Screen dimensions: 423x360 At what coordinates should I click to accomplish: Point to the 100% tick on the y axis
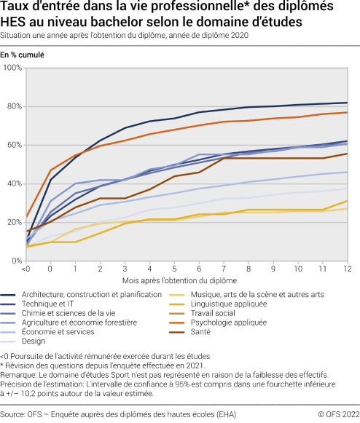[x=12, y=68]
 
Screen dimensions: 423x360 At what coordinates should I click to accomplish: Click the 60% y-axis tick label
[x=14, y=145]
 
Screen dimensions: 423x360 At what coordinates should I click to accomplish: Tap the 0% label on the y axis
[x=16, y=261]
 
